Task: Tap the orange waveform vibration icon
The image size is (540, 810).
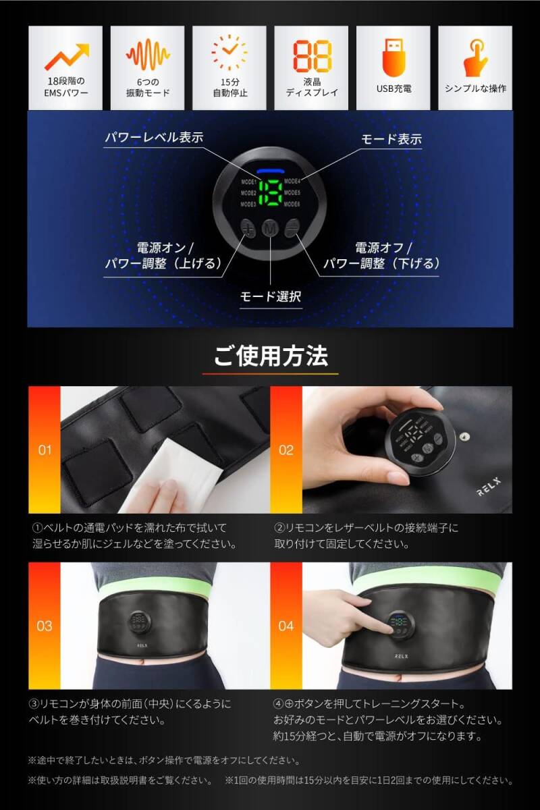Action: (148, 56)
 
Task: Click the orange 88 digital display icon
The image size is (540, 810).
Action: (312, 56)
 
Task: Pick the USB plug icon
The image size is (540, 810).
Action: (394, 57)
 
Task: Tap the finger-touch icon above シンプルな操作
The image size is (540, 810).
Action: (475, 57)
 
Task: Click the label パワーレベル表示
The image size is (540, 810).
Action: (153, 138)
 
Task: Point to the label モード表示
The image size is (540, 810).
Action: (391, 139)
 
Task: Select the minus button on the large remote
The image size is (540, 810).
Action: (292, 228)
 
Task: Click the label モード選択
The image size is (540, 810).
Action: (271, 296)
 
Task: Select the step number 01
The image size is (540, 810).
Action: (45, 450)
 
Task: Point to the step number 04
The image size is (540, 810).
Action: (286, 626)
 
